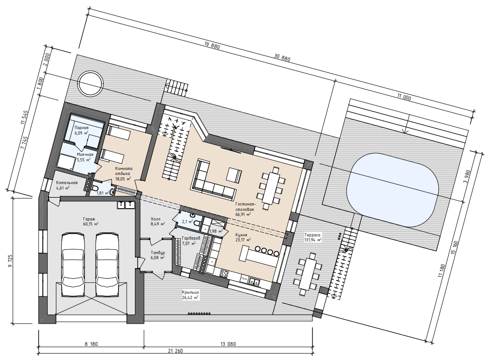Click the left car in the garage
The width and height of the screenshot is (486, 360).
tap(74, 265)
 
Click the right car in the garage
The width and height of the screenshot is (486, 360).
tap(107, 265)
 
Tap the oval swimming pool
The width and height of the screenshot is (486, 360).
tap(392, 190)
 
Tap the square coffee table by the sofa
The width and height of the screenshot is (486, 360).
tap(234, 175)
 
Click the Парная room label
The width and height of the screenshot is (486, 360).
tap(81, 127)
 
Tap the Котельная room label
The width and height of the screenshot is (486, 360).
tap(67, 183)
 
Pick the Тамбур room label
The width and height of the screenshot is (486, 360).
tap(158, 253)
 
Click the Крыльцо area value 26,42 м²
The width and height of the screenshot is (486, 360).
tap(190, 298)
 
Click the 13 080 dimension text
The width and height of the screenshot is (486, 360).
tap(228, 344)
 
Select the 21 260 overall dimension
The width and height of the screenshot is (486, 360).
tap(175, 351)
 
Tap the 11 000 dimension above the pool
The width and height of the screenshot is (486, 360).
tap(404, 97)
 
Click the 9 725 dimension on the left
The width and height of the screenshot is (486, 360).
tap(10, 261)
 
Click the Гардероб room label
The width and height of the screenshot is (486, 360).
tap(191, 238)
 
